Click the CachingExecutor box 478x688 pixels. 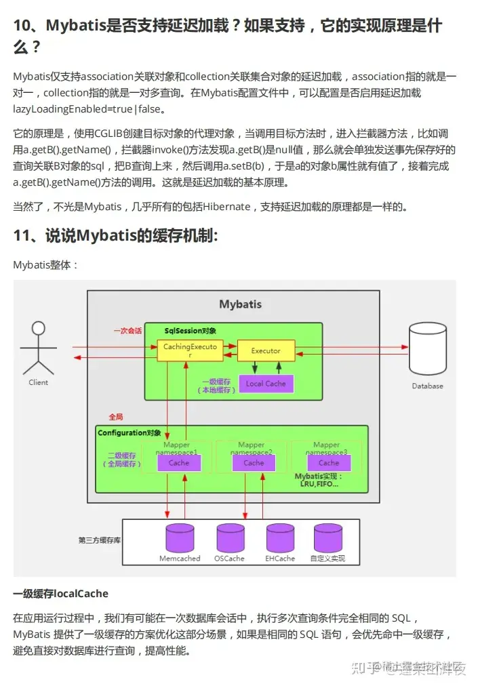point(180,350)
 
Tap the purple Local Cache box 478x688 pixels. point(266,384)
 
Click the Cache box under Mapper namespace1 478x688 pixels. point(179,463)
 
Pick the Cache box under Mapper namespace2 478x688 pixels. point(254,463)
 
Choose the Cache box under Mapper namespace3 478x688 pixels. point(328,463)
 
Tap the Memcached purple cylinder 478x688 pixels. point(180,538)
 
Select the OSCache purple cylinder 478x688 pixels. point(229,538)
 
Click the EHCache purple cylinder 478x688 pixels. point(280,538)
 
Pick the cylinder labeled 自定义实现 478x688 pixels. point(327,538)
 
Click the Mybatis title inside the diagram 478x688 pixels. point(240,304)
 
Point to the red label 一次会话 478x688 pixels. point(127,331)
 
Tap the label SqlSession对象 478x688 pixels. point(191,331)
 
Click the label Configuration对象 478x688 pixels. point(130,432)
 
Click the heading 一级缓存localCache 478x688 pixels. point(60,594)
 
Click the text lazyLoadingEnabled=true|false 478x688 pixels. point(88,108)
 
